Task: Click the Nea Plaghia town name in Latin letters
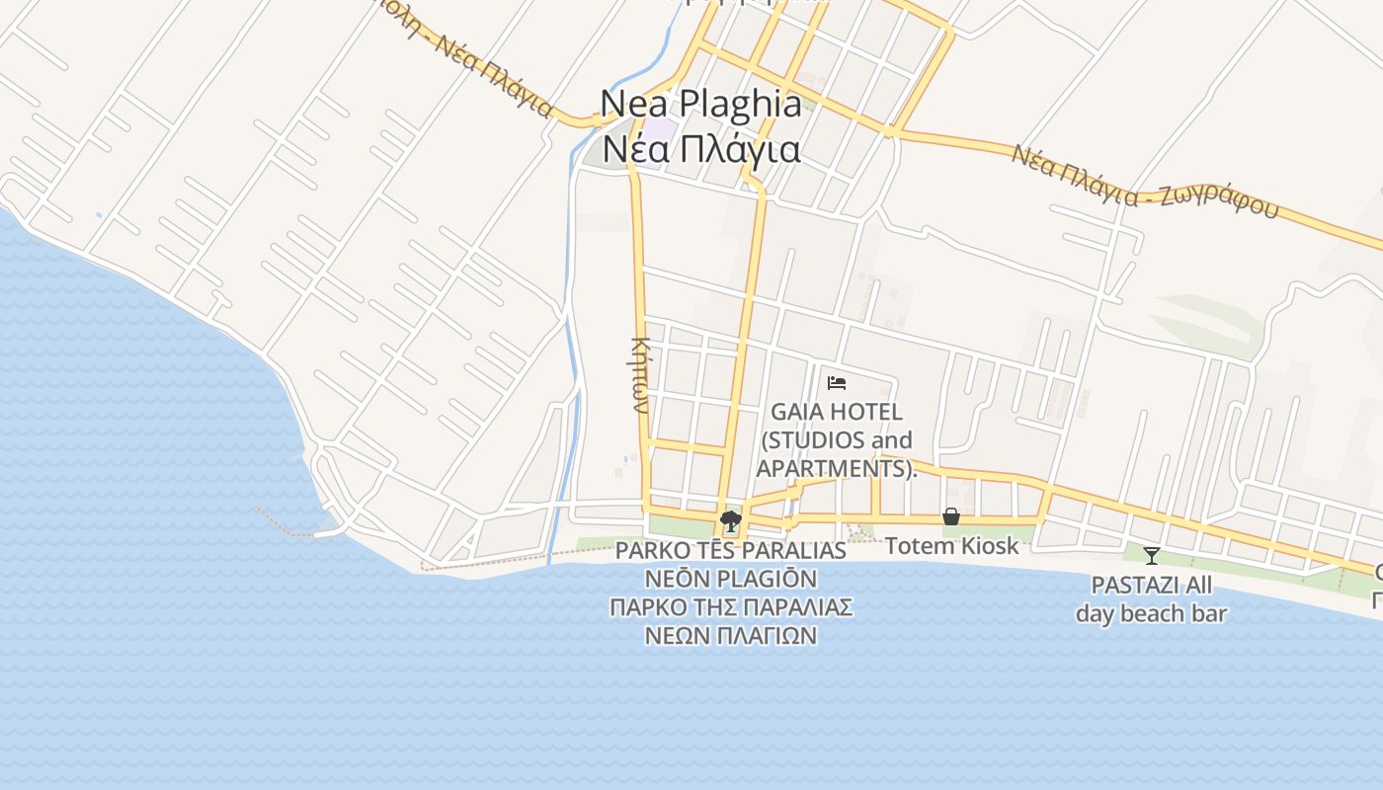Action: pyautogui.click(x=701, y=104)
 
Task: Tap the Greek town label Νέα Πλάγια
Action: pyautogui.click(x=701, y=150)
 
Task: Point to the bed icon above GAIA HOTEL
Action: pyautogui.click(x=837, y=382)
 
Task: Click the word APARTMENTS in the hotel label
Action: pyautogui.click(x=833, y=468)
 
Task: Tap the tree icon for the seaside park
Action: pyautogui.click(x=731, y=520)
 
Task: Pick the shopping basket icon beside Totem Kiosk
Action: pyautogui.click(x=951, y=516)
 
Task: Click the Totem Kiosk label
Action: pyautogui.click(x=951, y=545)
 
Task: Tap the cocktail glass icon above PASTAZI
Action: pyautogui.click(x=1152, y=556)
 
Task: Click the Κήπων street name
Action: pyautogui.click(x=639, y=375)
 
